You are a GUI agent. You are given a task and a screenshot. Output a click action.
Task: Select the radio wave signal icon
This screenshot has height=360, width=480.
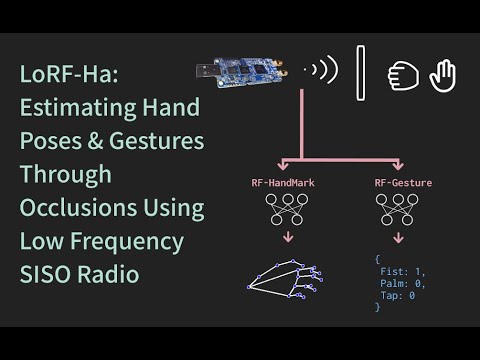[x=323, y=71]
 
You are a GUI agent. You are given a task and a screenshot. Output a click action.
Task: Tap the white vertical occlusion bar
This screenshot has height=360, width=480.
[x=358, y=72]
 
